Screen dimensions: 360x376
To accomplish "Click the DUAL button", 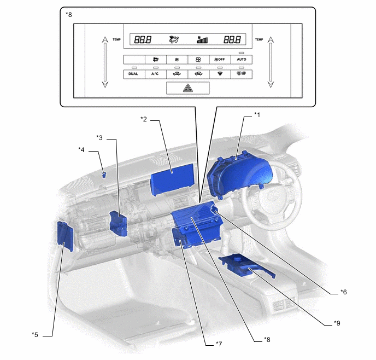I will [x=133, y=74].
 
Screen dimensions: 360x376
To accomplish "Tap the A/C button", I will [x=155, y=74].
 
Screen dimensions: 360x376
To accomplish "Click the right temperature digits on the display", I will [x=232, y=40].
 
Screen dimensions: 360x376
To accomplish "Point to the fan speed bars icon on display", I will [x=202, y=40].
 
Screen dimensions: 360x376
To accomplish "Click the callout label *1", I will [x=257, y=114].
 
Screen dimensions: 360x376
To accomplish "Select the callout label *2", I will [x=144, y=119].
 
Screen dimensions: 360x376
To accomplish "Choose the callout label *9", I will [x=337, y=323].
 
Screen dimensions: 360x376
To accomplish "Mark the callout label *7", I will [x=219, y=344].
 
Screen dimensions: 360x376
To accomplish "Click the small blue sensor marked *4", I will [x=104, y=175].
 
